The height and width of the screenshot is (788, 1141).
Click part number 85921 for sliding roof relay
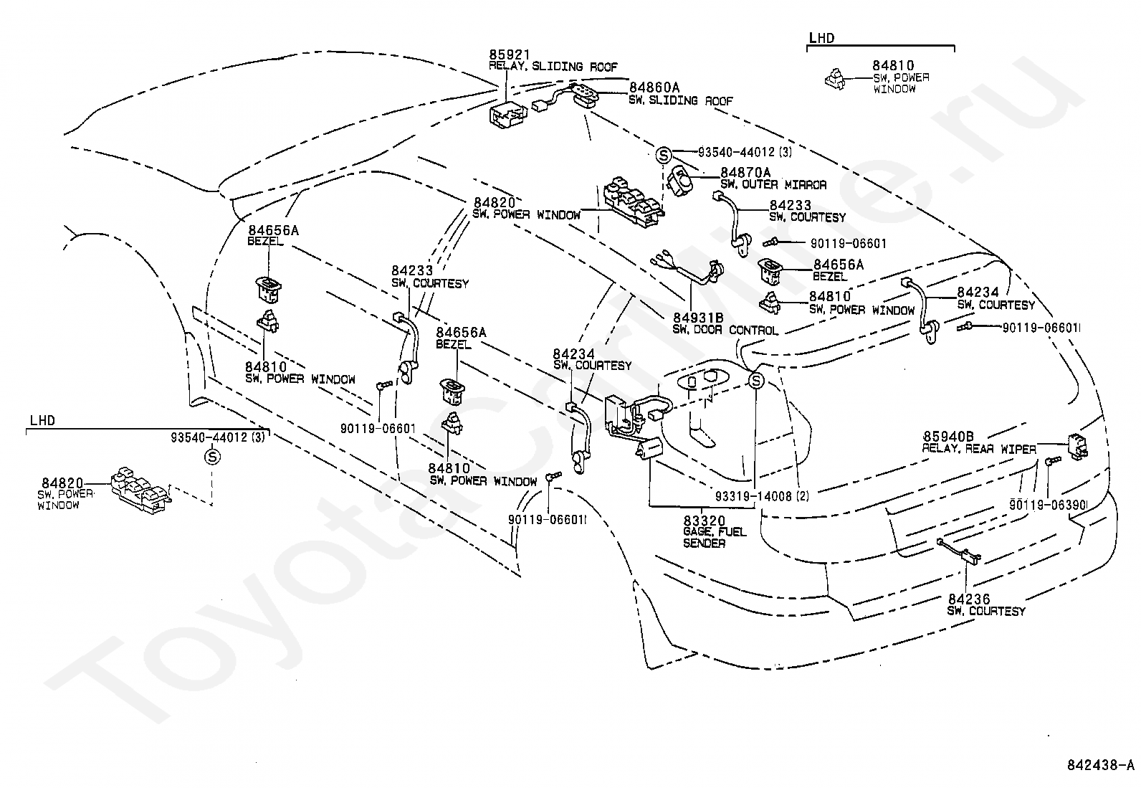click(x=510, y=54)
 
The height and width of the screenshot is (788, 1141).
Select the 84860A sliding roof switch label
click(x=654, y=87)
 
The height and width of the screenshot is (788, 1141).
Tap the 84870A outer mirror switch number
click(x=745, y=172)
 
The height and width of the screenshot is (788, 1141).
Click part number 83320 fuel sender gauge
click(x=704, y=521)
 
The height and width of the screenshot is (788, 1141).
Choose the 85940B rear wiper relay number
click(x=948, y=437)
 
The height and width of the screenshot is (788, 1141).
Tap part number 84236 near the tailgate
click(x=969, y=599)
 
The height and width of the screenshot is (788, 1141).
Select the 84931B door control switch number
click(x=698, y=318)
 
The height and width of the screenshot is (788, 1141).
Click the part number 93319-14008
click(x=753, y=496)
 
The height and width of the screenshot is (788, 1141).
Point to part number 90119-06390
click(x=1048, y=505)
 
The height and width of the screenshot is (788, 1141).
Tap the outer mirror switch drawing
click(x=679, y=181)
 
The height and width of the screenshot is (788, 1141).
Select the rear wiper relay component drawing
click(x=1077, y=447)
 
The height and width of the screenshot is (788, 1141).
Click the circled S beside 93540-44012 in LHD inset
click(x=212, y=457)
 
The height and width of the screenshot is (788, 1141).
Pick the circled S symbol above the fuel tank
click(x=756, y=380)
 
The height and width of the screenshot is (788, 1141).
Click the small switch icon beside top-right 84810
click(x=835, y=80)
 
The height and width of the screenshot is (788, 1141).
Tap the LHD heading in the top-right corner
click(x=821, y=38)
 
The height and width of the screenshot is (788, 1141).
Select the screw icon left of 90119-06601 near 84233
click(x=772, y=243)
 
